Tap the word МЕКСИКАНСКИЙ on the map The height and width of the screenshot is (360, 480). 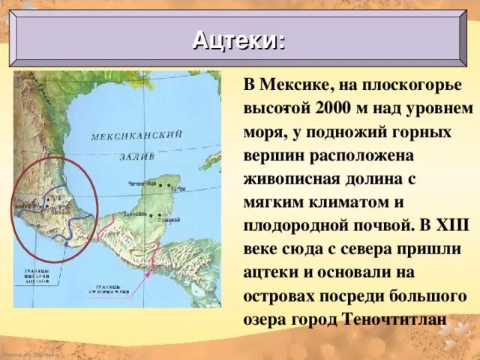coord(136,136)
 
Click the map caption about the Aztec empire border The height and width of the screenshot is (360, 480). coord(36,275)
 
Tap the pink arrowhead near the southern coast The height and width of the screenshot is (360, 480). coord(147,274)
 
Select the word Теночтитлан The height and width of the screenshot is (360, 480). coord(395,318)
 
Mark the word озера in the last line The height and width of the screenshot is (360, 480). coord(267,318)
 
